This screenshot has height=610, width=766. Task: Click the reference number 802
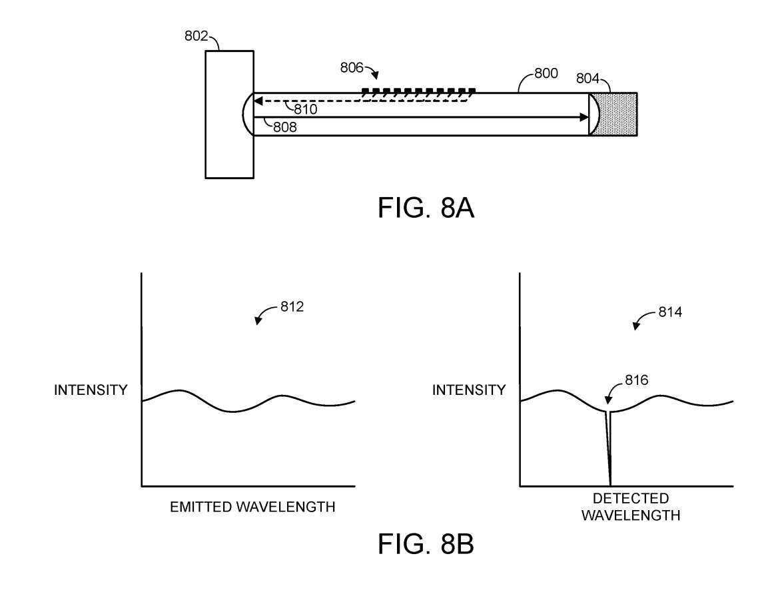point(196,36)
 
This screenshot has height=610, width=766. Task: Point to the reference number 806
point(352,67)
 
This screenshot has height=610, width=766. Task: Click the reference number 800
point(546,73)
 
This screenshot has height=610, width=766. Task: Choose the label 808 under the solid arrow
point(284,125)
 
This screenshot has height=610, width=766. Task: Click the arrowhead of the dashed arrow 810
point(258,102)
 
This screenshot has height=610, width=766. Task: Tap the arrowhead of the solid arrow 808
point(584,117)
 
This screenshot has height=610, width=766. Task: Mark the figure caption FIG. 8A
point(426,208)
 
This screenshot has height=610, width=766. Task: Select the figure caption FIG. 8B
point(426,544)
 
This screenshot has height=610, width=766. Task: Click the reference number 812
point(292,307)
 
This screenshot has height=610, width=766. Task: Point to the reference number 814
point(669,311)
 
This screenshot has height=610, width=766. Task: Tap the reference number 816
point(637,380)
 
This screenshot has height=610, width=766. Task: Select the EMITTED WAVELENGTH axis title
point(252,507)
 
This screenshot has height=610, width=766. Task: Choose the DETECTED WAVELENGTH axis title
point(631,507)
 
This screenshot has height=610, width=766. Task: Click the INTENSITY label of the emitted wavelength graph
point(91,390)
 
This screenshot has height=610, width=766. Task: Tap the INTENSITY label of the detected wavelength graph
point(469,390)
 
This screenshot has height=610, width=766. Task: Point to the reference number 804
point(587,79)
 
